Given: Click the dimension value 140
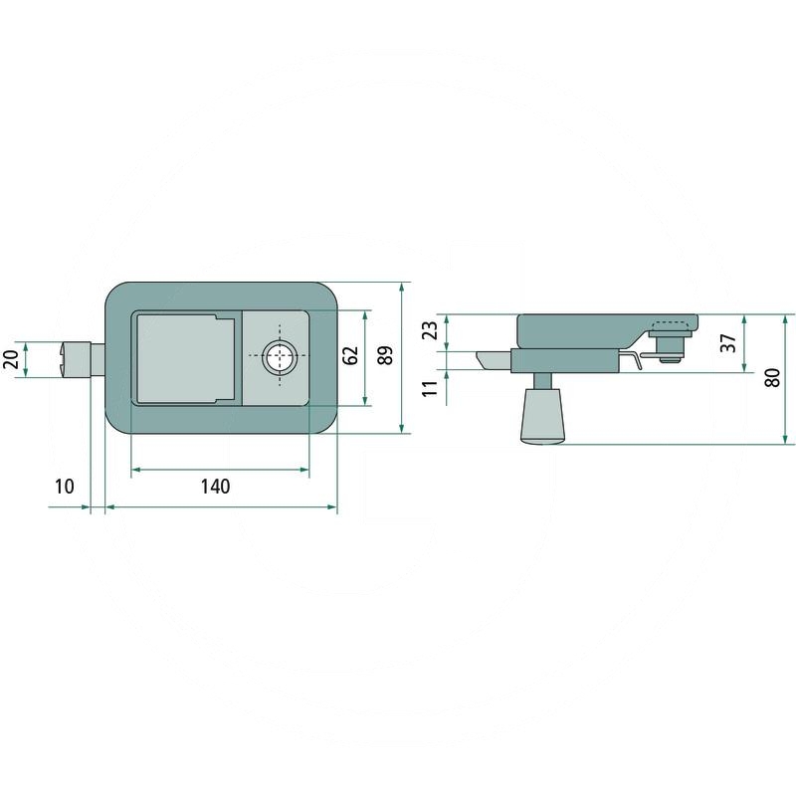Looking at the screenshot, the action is [x=215, y=487].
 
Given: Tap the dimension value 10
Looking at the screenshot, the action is [x=65, y=487].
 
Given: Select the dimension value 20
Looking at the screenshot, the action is [x=11, y=359].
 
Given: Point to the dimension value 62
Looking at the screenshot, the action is [x=350, y=355].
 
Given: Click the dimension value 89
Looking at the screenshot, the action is [x=386, y=355].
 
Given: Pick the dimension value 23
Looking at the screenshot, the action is [x=430, y=330].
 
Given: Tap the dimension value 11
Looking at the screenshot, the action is [x=430, y=388].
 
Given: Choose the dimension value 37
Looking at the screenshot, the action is [x=728, y=342].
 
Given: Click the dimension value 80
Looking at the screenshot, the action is [x=772, y=378].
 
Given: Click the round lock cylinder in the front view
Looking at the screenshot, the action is [x=280, y=356].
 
